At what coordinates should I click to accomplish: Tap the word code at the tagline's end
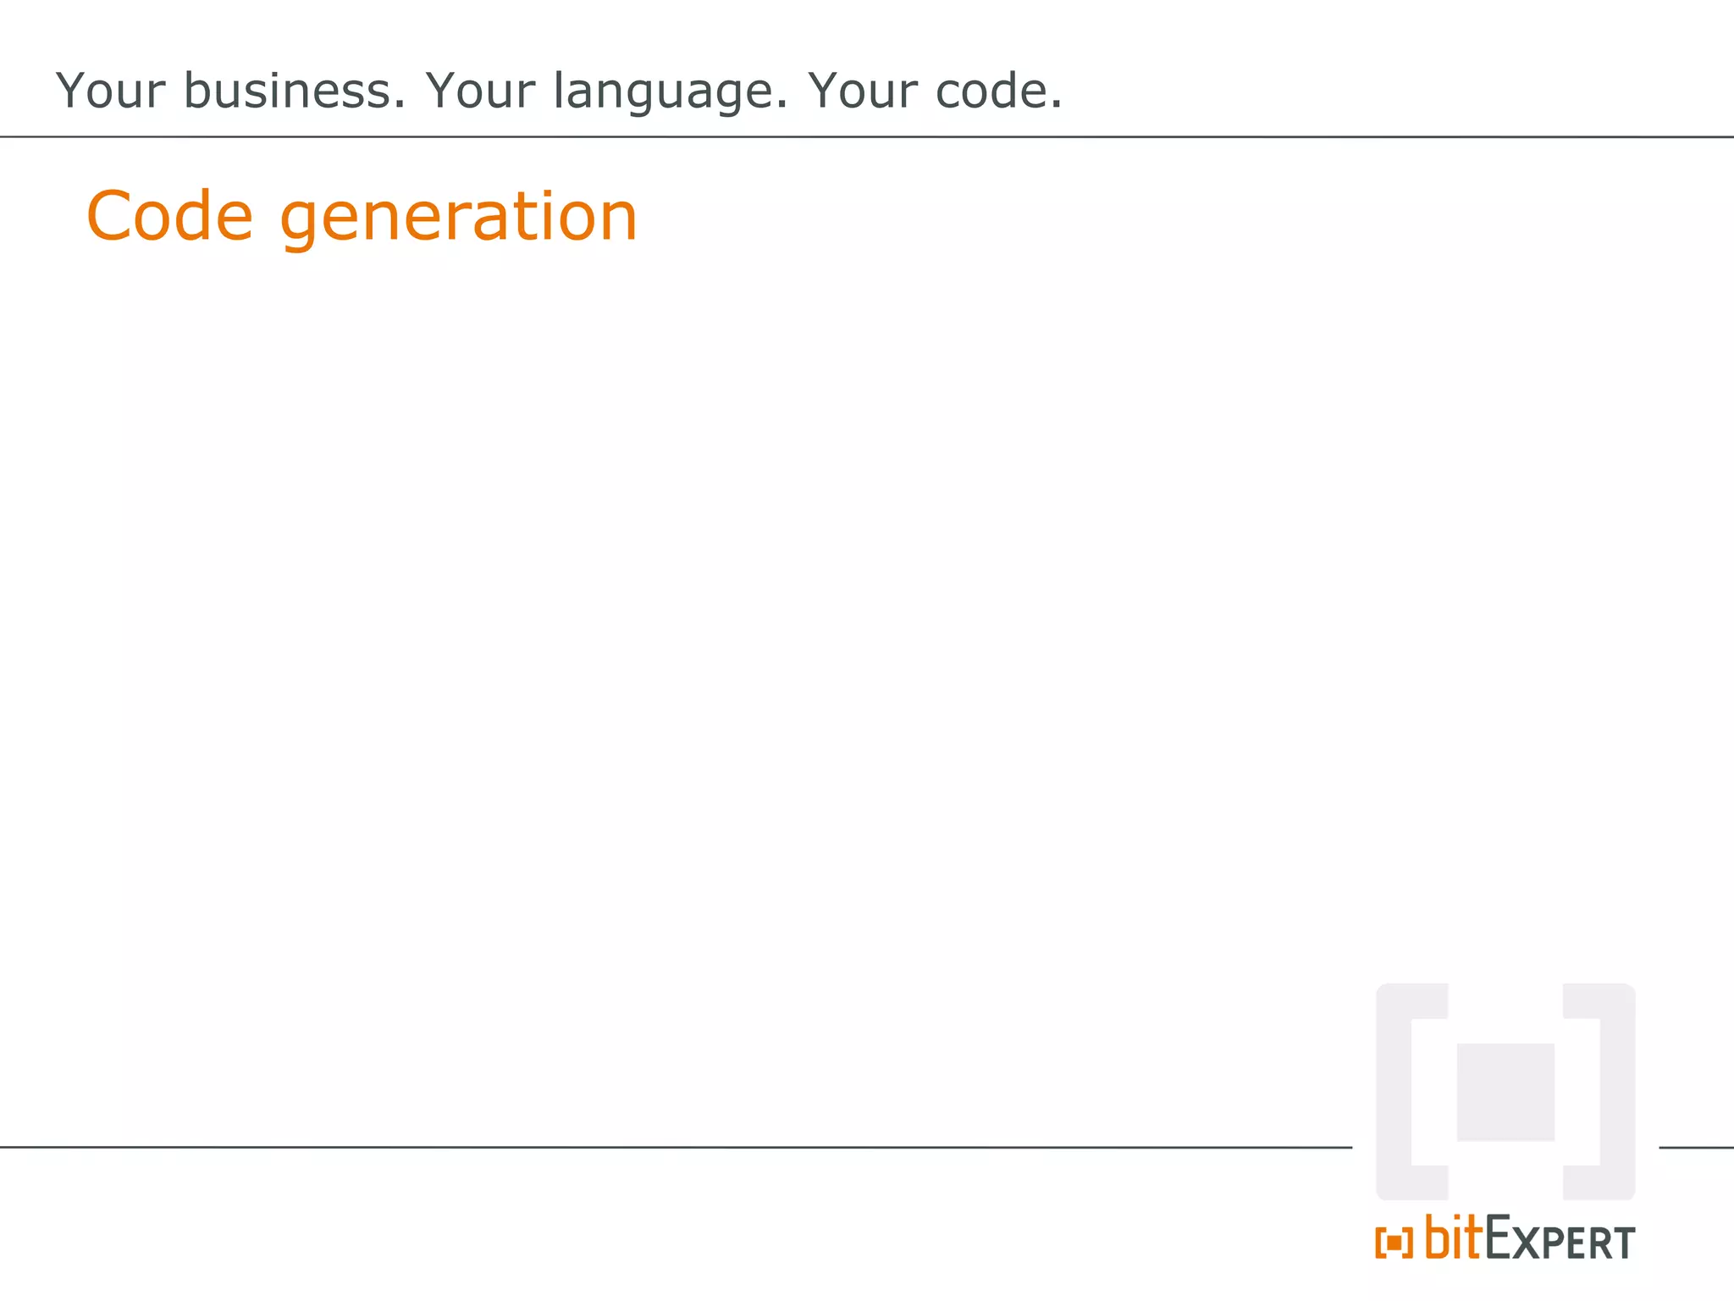(x=997, y=91)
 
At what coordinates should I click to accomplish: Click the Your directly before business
(x=110, y=91)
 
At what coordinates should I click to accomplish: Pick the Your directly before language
(x=480, y=91)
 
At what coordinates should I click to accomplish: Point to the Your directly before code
(x=862, y=91)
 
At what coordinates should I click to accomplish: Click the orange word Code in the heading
(x=169, y=216)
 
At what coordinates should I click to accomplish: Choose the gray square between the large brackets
(x=1505, y=1092)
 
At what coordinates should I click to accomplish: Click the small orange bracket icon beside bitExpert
(x=1394, y=1243)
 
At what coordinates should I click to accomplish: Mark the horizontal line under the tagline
(x=867, y=136)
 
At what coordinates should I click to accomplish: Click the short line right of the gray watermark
(x=1696, y=1148)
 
